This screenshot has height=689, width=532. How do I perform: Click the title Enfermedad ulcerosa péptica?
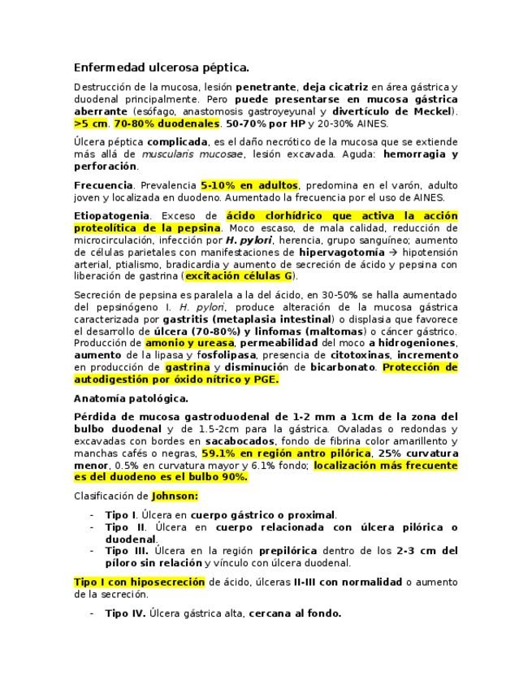[162, 67]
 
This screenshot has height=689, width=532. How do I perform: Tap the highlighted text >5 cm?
[91, 123]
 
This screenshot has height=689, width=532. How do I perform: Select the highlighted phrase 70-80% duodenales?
[167, 123]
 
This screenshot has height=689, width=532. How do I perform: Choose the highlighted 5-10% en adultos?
[249, 185]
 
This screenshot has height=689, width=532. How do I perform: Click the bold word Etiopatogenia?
[112, 215]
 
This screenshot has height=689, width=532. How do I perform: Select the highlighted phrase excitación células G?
[239, 276]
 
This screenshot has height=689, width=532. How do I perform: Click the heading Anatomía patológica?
[131, 398]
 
